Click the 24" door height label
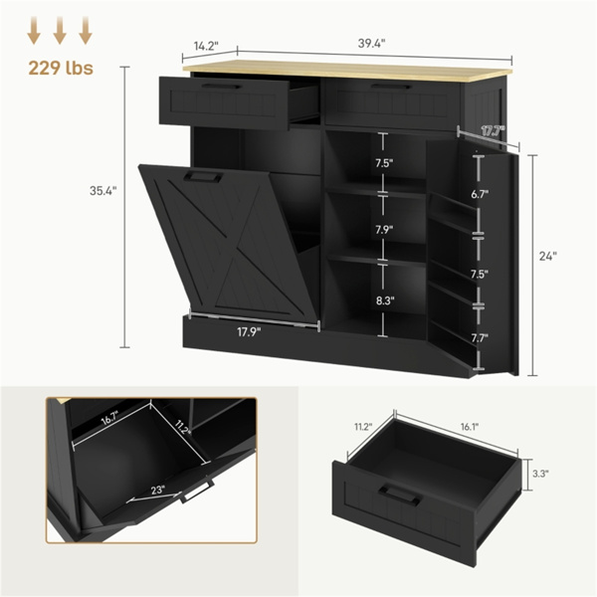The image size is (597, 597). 547,256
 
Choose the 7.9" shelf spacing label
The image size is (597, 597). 384,230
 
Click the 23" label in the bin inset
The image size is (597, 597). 160,490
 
